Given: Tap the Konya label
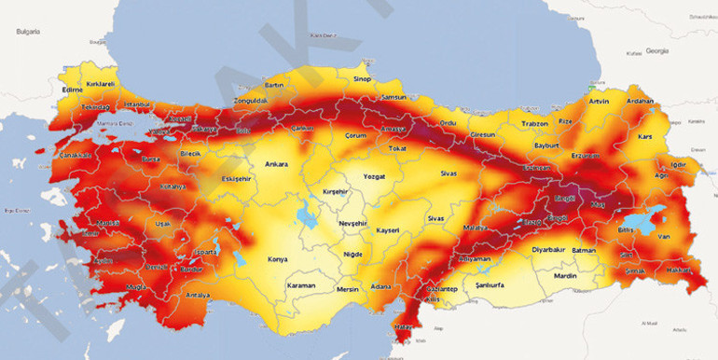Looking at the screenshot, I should (x=278, y=259).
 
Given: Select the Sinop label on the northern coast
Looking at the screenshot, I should (x=362, y=79).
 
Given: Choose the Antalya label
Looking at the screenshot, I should (x=199, y=296).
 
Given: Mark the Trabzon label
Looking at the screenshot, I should (x=509, y=123).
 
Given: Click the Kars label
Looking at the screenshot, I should (x=644, y=137).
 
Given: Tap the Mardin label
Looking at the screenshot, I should (x=565, y=275).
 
